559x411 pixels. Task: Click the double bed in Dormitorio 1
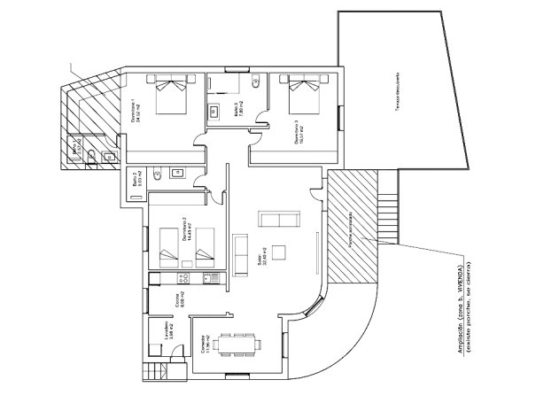tap(172, 95)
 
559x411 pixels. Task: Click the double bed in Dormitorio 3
tap(303, 95)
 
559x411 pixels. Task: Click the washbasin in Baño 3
tap(214, 112)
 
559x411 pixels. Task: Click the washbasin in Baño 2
tap(175, 172)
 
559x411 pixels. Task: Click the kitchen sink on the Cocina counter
tap(211, 278)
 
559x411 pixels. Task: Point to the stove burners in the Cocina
tap(181, 278)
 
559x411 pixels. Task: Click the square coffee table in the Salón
tap(279, 252)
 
